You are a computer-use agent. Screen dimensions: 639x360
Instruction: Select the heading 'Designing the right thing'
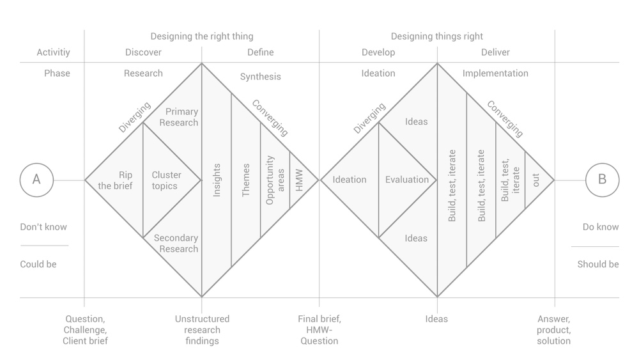(x=202, y=36)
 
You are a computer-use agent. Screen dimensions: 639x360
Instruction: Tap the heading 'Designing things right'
(x=437, y=36)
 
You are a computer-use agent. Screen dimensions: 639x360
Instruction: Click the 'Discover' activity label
(x=143, y=52)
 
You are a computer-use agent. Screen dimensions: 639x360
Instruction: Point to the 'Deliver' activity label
(x=496, y=52)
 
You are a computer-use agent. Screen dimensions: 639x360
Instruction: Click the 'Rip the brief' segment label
(x=115, y=180)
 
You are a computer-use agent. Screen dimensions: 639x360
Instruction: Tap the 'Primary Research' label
(x=179, y=117)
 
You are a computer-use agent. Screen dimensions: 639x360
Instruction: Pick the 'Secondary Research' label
(x=176, y=244)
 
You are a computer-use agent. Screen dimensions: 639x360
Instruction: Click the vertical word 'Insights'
(x=217, y=180)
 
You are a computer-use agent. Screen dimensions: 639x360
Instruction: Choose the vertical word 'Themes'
(x=246, y=180)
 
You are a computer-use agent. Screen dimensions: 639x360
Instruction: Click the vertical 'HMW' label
(x=299, y=180)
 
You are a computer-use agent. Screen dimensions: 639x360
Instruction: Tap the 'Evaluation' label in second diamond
(x=407, y=180)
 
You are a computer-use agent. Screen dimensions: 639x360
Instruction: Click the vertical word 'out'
(x=536, y=180)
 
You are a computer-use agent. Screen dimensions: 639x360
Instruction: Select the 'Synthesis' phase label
(x=261, y=77)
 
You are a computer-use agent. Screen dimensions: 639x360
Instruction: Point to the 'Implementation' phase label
(x=495, y=74)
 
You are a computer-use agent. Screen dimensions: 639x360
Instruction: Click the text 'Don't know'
(x=43, y=227)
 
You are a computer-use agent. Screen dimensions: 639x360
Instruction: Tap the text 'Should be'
(x=598, y=264)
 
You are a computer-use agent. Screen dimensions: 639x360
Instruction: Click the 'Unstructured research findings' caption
(x=202, y=330)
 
